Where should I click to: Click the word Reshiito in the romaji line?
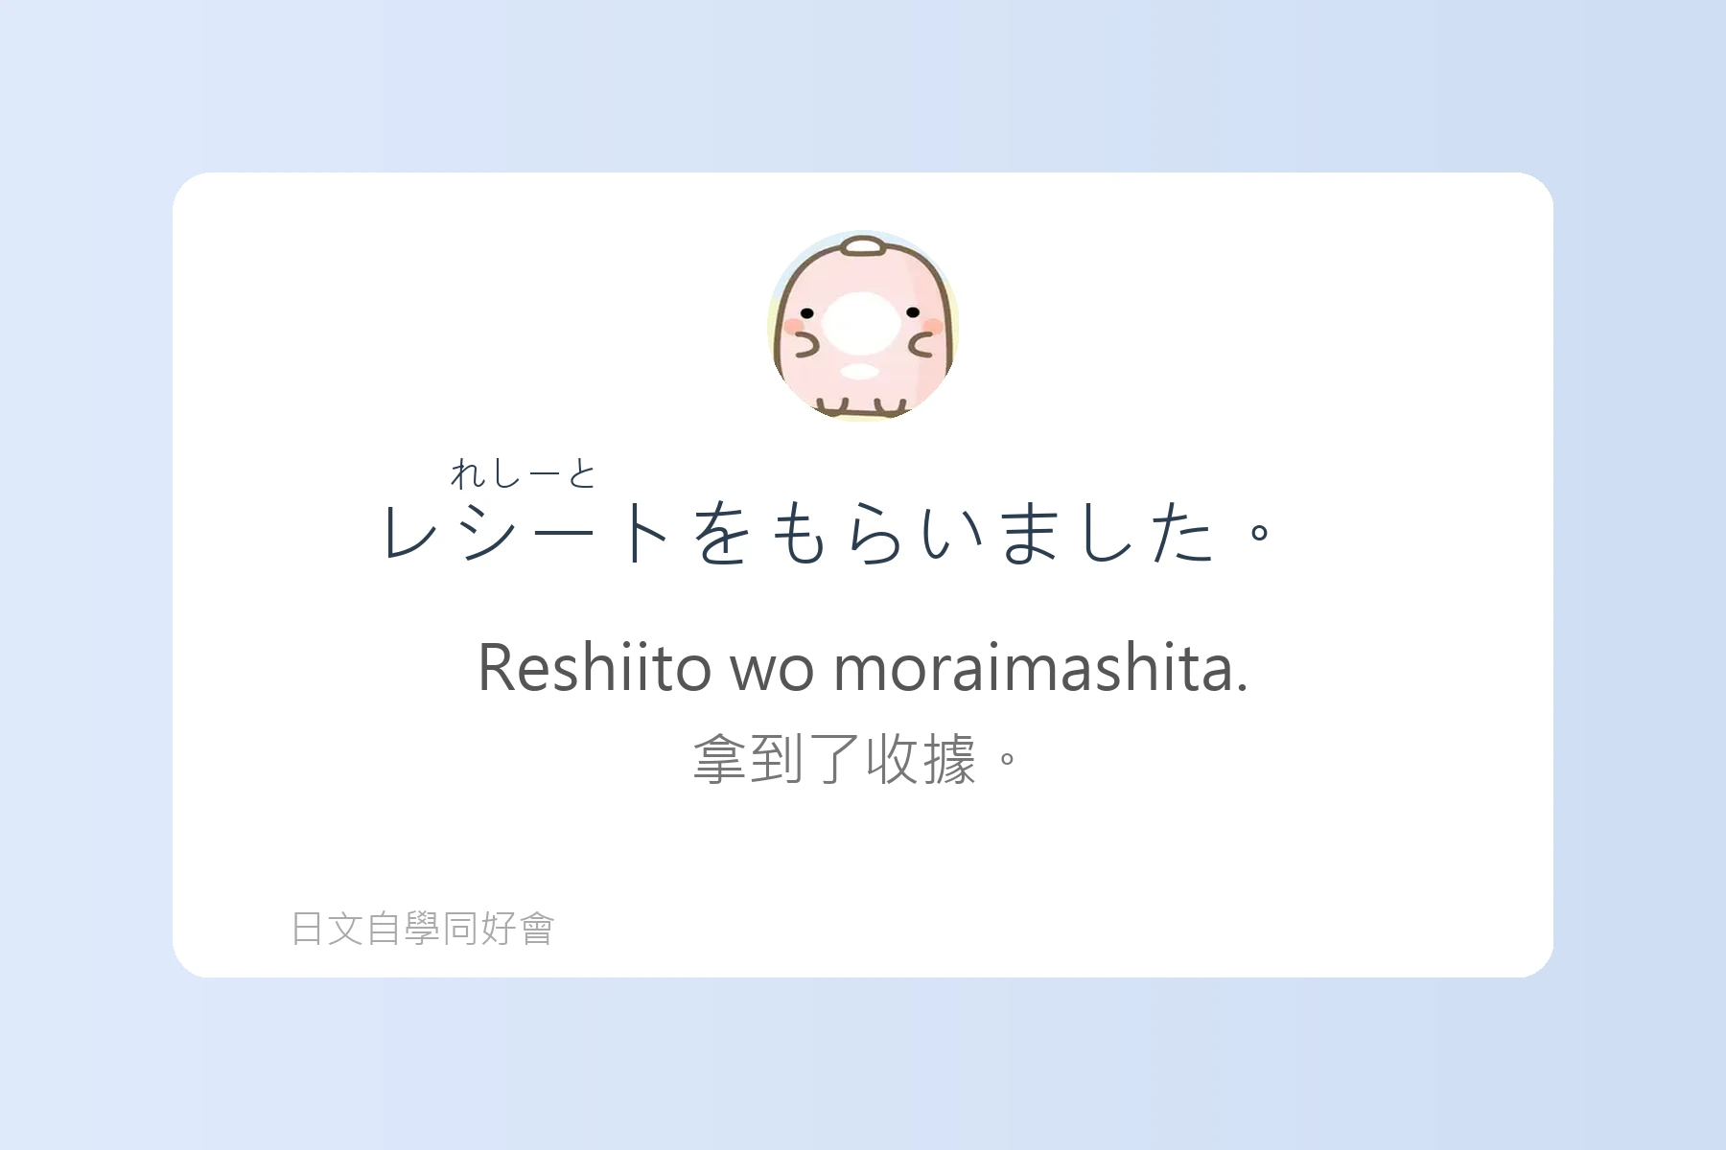click(595, 667)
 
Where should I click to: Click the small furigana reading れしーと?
click(524, 473)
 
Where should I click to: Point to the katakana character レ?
click(410, 532)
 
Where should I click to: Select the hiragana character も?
click(799, 532)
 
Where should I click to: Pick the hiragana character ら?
click(875, 532)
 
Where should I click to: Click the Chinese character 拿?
click(720, 759)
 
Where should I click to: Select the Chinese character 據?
click(949, 759)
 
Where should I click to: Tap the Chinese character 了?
click(834, 759)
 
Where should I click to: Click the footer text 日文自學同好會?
click(423, 929)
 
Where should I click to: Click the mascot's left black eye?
click(806, 313)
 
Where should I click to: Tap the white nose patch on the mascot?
click(861, 322)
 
